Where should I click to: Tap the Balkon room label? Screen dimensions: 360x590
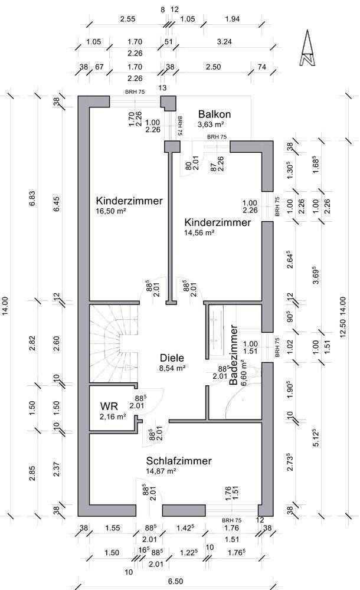point(214,114)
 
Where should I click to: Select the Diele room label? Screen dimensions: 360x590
point(172,358)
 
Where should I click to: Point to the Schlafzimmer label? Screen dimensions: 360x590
point(179,461)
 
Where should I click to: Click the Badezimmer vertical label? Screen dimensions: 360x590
point(233,355)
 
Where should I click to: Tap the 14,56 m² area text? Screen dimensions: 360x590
point(199,232)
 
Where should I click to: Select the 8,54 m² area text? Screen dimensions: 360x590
point(173,368)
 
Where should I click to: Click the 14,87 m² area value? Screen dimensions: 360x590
point(162,471)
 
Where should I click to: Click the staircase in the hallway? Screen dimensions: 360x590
point(113,342)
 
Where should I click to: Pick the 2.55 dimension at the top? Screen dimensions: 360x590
point(127,19)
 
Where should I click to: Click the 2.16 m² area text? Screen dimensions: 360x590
point(113,417)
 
